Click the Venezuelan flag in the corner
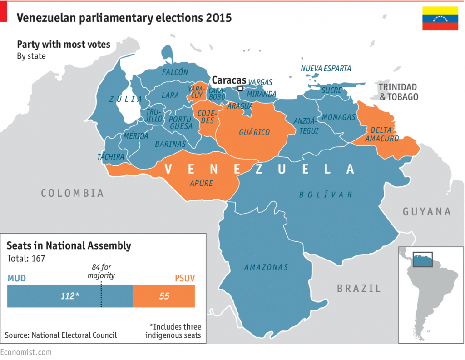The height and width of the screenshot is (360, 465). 440,18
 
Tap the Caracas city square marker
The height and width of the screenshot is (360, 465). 240,89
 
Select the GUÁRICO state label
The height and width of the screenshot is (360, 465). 254,132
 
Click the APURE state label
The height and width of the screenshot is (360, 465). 201,184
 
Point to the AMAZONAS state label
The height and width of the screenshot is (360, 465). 266,267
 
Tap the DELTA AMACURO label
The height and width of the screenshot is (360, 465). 381,134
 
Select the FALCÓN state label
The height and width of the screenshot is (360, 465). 175,72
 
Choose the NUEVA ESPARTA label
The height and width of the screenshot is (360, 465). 326,69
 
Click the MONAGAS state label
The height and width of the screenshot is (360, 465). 339,117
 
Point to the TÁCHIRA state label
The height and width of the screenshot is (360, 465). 111,157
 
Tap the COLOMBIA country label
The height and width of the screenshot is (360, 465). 72,193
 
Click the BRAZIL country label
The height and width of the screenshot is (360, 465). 359,288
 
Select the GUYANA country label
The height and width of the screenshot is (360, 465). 426,211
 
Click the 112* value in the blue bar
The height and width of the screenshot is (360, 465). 70,296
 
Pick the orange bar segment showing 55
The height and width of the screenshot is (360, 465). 164,296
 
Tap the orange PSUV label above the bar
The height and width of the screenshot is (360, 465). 185,278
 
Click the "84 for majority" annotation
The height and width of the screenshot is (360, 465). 101,272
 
